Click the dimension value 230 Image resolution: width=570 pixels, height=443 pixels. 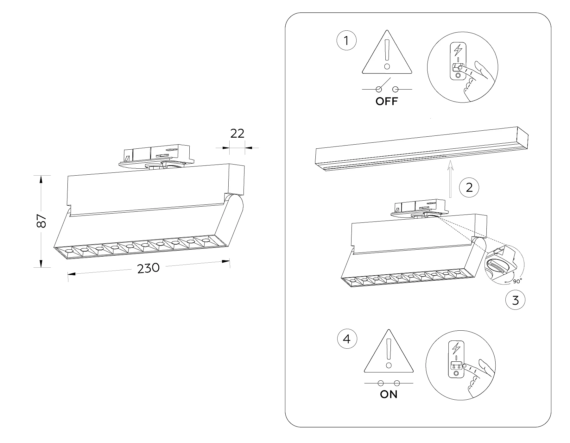pos(148,268)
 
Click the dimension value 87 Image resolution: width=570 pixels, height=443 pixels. pos(41,221)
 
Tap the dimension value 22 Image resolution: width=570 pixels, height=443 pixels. pos(237,134)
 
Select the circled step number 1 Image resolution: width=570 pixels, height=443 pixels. pos(346,41)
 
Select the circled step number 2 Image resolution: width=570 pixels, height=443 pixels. pos(469,188)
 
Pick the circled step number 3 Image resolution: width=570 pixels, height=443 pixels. pos(515,300)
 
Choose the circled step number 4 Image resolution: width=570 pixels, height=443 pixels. pos(347,339)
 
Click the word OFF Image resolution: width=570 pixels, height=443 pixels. pos(386,102)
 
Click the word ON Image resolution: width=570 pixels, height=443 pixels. pos(389,395)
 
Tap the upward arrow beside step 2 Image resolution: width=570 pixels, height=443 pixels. pos(450,179)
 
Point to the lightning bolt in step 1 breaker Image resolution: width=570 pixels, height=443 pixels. pos(458,50)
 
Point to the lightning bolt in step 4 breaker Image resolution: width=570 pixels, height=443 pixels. pos(456,348)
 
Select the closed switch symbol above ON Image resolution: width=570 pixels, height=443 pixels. pos(389,383)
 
